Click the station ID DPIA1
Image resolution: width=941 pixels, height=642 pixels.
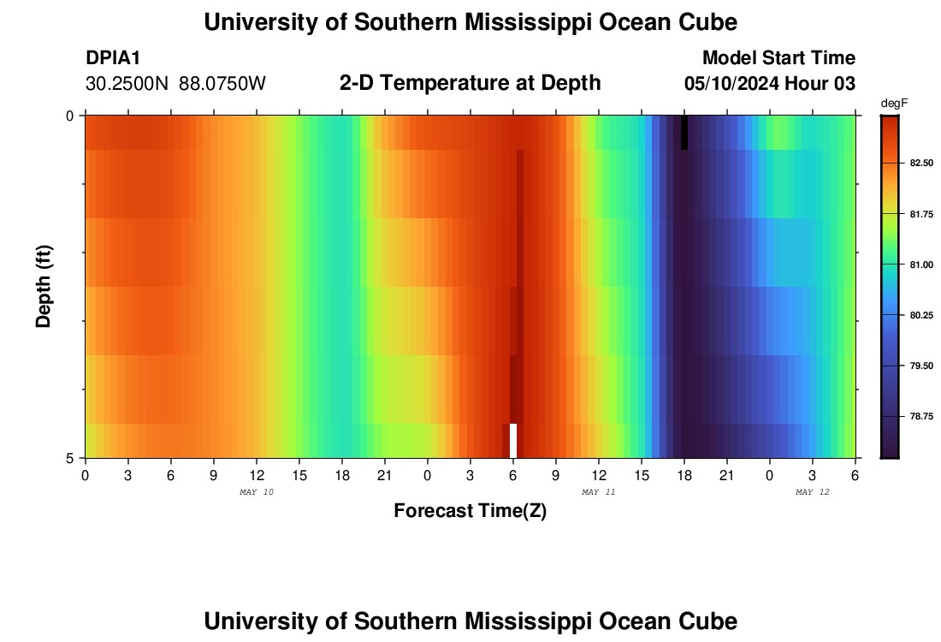(113, 58)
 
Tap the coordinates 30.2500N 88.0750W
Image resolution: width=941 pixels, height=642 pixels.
(176, 84)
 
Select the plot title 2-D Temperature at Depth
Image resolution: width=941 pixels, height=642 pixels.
(470, 83)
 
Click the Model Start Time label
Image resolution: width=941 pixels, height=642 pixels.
(778, 58)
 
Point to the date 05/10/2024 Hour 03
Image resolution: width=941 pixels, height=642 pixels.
(770, 84)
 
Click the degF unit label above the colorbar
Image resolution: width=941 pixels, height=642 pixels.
(893, 104)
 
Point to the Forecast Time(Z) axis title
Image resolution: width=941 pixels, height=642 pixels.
(470, 511)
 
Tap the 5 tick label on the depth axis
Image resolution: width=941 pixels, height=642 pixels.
(70, 458)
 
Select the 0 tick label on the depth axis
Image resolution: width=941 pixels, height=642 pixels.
(70, 116)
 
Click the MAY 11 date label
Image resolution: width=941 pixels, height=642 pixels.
(598, 492)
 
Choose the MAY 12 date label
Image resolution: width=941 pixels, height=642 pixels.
(812, 492)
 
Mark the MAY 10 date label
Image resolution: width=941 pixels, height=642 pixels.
(256, 492)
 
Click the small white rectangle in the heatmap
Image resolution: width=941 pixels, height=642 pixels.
(513, 441)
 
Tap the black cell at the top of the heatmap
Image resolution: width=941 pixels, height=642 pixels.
(684, 133)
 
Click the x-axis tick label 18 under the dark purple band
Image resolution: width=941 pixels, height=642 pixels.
(684, 475)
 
